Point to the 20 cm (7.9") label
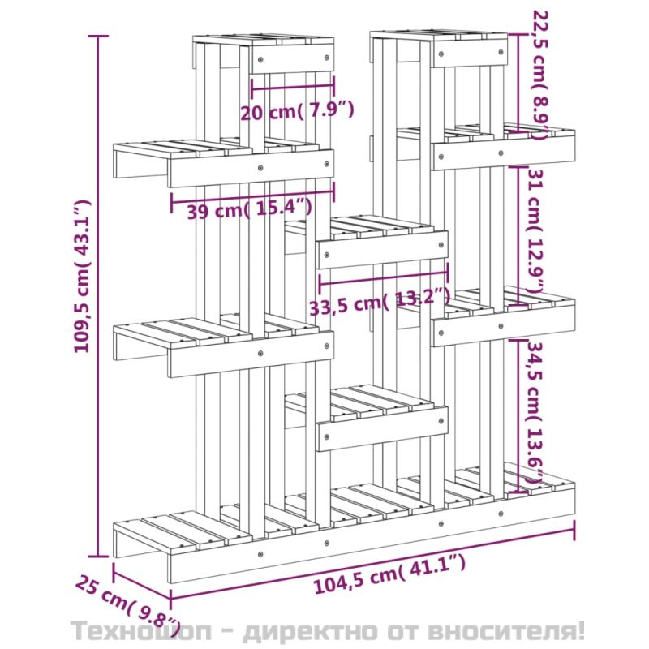(x=297, y=110)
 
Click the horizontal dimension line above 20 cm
(x=293, y=87)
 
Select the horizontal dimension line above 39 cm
(x=252, y=197)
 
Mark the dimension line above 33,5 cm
(x=383, y=277)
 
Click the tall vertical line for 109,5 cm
(x=98, y=296)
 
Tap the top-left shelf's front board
(x=293, y=58)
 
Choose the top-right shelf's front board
(x=471, y=53)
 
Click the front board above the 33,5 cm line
(x=382, y=249)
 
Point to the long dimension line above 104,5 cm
(x=372, y=561)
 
